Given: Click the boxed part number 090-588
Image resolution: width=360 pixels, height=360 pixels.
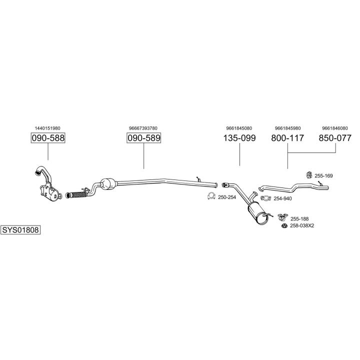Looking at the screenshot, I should pyautogui.click(x=48, y=138).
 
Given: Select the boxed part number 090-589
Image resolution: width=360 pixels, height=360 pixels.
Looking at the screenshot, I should pyautogui.click(x=143, y=138).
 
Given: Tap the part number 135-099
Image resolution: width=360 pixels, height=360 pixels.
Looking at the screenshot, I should pyautogui.click(x=239, y=138).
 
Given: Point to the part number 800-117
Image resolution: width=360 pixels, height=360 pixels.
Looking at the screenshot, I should pyautogui.click(x=287, y=138).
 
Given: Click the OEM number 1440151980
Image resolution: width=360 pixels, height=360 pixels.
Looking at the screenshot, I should pyautogui.click(x=48, y=128).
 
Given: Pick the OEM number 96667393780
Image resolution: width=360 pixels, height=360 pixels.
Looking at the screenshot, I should pyautogui.click(x=143, y=128).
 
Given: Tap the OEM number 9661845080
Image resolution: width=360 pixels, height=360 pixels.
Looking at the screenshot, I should pyautogui.click(x=239, y=128).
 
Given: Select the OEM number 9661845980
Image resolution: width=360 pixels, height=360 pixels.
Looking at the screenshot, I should pyautogui.click(x=287, y=128).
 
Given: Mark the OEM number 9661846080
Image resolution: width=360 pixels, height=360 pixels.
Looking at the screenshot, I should pyautogui.click(x=335, y=128).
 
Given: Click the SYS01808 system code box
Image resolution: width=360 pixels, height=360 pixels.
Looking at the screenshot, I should pyautogui.click(x=20, y=230).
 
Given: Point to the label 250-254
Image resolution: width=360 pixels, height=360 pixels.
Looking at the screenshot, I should pyautogui.click(x=227, y=197).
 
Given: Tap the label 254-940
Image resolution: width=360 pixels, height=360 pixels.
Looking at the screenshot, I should pyautogui.click(x=282, y=198).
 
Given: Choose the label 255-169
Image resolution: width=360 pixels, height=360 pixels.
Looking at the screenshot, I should pyautogui.click(x=323, y=175).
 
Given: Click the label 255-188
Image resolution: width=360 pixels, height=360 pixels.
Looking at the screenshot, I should pyautogui.click(x=299, y=218).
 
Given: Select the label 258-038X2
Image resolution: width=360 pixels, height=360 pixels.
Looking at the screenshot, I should pyautogui.click(x=302, y=225).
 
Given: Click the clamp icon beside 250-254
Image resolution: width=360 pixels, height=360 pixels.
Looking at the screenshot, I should pyautogui.click(x=211, y=197).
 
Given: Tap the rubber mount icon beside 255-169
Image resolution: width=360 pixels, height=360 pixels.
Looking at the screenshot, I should pyautogui.click(x=308, y=174).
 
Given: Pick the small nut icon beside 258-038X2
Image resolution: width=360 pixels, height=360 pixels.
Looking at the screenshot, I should pyautogui.click(x=284, y=226).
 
